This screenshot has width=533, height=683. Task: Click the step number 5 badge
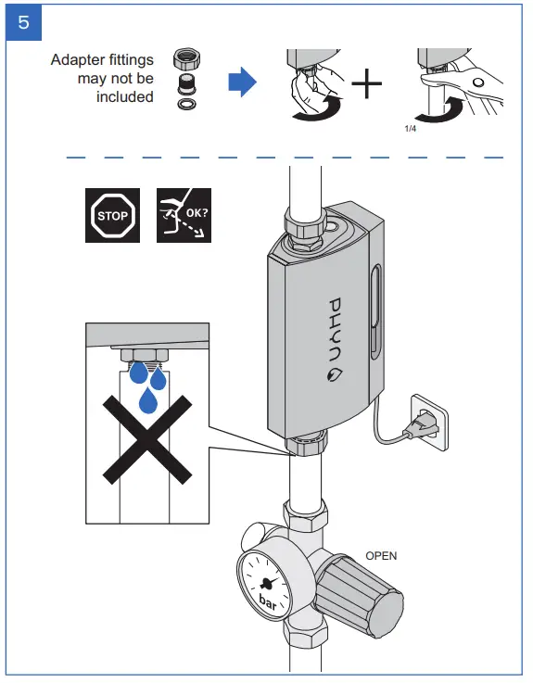pos(22,23)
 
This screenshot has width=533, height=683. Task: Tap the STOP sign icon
pos(113,217)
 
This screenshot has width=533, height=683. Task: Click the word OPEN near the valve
pos(381,556)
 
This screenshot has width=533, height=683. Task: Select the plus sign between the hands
pos(366,85)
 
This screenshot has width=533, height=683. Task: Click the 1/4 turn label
pos(411,130)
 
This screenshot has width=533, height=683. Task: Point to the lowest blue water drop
pos(147,399)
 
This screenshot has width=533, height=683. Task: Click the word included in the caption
pos(124,97)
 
